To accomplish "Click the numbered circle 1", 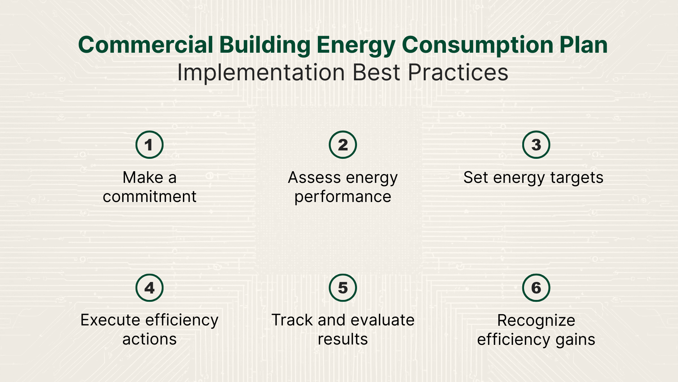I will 149,145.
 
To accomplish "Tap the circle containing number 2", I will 343,145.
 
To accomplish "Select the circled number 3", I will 536,145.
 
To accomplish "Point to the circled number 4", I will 149,288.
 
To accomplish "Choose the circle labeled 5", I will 343,288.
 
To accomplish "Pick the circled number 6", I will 536,288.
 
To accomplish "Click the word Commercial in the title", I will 145,45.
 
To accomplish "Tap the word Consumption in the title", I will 477,45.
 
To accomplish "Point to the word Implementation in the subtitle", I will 261,73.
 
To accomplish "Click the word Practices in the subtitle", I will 458,73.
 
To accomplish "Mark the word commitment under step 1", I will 149,197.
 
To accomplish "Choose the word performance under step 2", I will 343,197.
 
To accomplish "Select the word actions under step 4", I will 149,339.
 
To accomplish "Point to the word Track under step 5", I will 292,320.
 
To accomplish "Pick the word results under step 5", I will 343,339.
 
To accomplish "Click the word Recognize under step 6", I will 536,320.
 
